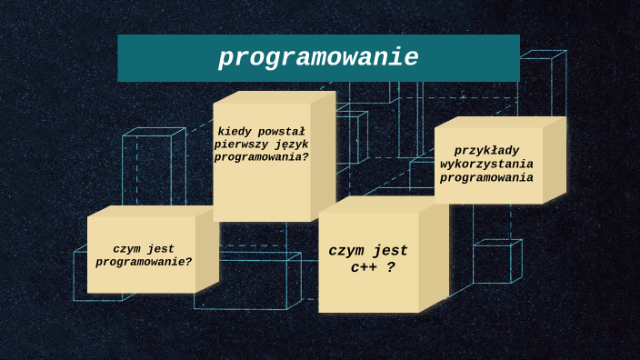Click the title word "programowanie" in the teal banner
(318, 58)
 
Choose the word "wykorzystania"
(486, 164)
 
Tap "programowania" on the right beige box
(486, 177)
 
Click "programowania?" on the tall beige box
(262, 156)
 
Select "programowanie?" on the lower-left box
(144, 262)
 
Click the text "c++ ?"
(373, 267)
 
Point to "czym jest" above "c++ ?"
(368, 251)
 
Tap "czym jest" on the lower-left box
(144, 248)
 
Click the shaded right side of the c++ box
(434, 259)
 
